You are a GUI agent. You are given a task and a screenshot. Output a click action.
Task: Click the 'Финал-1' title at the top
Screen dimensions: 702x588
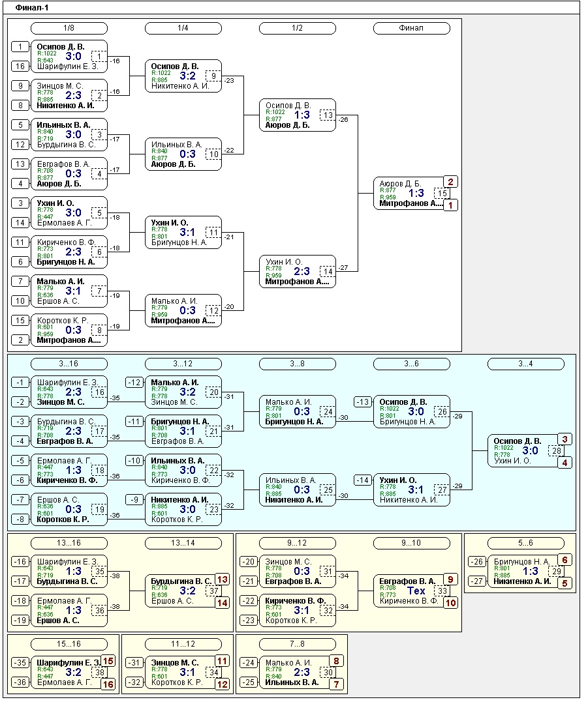pyautogui.click(x=31, y=8)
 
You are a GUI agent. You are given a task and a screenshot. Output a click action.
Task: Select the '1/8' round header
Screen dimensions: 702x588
pyautogui.click(x=69, y=28)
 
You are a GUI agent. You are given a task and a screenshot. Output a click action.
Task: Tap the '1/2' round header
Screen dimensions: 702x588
pyautogui.click(x=297, y=28)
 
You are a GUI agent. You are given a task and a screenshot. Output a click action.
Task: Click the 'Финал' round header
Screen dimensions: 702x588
pyautogui.click(x=411, y=28)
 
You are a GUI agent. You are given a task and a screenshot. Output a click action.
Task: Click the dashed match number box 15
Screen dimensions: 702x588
pyautogui.click(x=442, y=193)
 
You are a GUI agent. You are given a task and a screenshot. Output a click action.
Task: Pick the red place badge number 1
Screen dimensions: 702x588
pyautogui.click(x=451, y=205)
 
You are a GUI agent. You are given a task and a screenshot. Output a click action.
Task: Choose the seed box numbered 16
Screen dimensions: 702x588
pyautogui.click(x=21, y=66)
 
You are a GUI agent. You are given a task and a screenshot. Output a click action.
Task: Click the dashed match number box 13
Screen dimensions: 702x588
pyautogui.click(x=328, y=115)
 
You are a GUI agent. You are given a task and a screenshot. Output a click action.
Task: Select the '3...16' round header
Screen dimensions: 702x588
pyautogui.click(x=69, y=364)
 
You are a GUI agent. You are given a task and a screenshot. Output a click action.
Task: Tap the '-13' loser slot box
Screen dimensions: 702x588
pyautogui.click(x=364, y=402)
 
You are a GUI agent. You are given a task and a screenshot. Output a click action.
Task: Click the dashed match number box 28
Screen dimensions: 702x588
pyautogui.click(x=557, y=450)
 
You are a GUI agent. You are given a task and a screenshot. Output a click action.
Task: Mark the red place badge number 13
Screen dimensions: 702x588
pyautogui.click(x=223, y=579)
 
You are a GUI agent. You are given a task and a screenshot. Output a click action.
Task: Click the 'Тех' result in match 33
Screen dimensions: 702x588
pyautogui.click(x=416, y=591)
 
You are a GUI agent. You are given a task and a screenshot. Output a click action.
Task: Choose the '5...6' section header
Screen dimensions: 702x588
pyautogui.click(x=525, y=543)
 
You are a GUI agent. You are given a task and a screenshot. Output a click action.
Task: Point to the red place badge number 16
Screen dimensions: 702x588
pyautogui.click(x=108, y=684)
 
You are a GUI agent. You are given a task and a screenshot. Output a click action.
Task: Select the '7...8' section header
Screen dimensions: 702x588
pyautogui.click(x=297, y=644)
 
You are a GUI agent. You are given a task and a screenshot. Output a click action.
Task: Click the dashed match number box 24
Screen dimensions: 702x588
pyautogui.click(x=328, y=411)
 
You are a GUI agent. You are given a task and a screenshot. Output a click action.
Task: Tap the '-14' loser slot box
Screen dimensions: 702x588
pyautogui.click(x=364, y=480)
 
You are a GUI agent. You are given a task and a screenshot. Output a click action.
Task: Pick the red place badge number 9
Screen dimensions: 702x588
pyautogui.click(x=451, y=578)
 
